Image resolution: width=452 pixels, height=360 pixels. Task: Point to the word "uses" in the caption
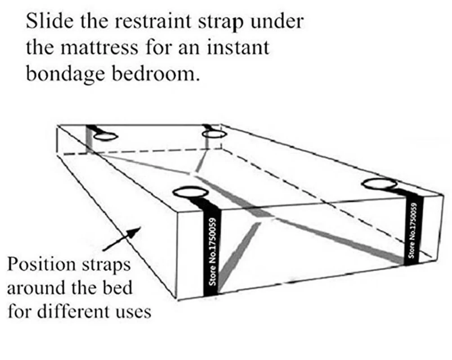(133, 311)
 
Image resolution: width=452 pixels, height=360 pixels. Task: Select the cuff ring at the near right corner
(380, 184)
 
